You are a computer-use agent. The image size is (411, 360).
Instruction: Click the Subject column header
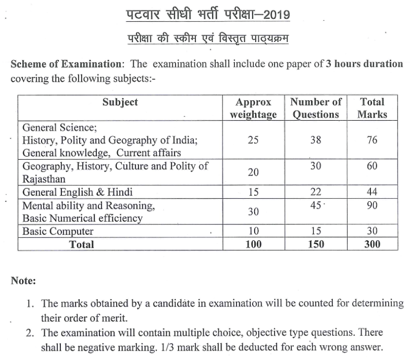pos(120,102)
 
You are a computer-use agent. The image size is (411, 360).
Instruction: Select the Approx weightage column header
pos(253,108)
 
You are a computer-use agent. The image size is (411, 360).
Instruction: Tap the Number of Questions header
pos(316,108)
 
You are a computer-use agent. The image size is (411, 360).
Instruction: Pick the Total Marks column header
pos(372,108)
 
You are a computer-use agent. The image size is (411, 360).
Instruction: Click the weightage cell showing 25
pos(253,140)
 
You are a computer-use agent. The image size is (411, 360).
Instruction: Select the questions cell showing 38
pos(316,140)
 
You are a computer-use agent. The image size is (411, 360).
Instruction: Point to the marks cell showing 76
pos(372,140)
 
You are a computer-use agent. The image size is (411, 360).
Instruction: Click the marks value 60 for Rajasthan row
pos(372,166)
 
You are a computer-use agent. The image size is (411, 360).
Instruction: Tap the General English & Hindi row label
pos(77,192)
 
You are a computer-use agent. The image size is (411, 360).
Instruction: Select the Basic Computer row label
pos(58,231)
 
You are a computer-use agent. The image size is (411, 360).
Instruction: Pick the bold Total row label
pos(82,244)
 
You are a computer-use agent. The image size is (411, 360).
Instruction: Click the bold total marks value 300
pos(372,244)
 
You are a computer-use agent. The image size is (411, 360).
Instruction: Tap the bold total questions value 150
pos(316,244)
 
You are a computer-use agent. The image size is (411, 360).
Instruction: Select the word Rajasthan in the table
pos(45,179)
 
